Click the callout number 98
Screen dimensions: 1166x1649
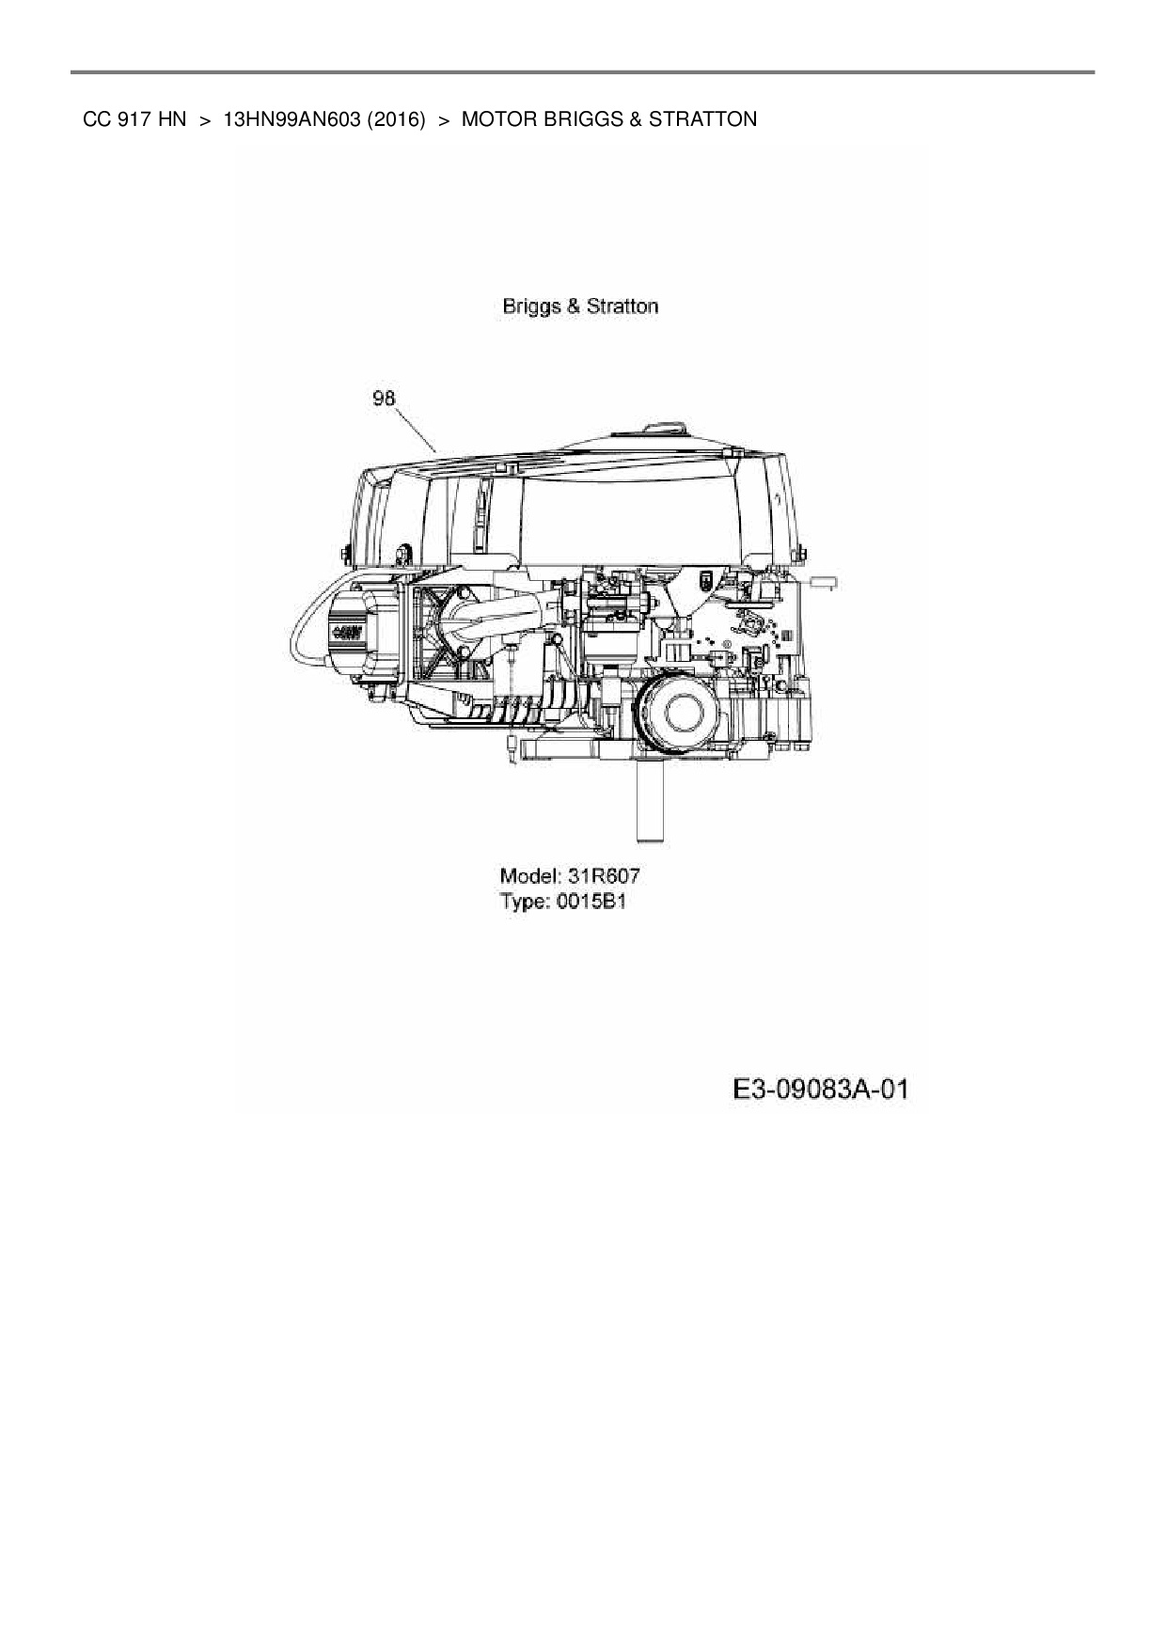tap(384, 399)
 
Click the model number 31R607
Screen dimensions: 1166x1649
tap(604, 876)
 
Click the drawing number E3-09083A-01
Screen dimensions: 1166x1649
tap(821, 1090)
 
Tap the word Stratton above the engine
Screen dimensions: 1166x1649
tap(622, 306)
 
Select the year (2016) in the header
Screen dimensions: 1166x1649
tap(397, 119)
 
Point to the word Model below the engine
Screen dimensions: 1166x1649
tap(529, 876)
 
